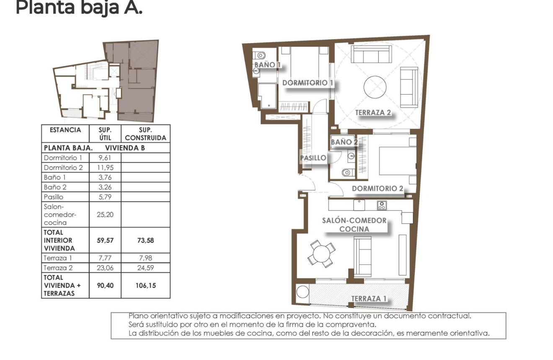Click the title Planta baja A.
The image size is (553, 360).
tap(79, 8)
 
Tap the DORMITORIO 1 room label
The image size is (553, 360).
tap(308, 83)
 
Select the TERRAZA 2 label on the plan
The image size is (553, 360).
tap(373, 112)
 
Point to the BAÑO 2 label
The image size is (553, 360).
tap(344, 142)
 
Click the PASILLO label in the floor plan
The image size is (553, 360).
tap(313, 158)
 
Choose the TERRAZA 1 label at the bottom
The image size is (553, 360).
tap(369, 298)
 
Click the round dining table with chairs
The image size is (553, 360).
tap(322, 253)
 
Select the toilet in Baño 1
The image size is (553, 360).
tap(260, 55)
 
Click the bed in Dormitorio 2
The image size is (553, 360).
tap(397, 161)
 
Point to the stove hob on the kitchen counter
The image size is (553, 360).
tap(382, 205)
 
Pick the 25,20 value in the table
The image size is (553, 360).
tap(105, 214)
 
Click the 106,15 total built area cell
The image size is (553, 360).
tap(145, 285)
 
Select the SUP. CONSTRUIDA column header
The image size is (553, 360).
tap(145, 134)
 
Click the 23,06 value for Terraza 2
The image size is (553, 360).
tap(105, 267)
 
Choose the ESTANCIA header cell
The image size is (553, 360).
tap(65, 130)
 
